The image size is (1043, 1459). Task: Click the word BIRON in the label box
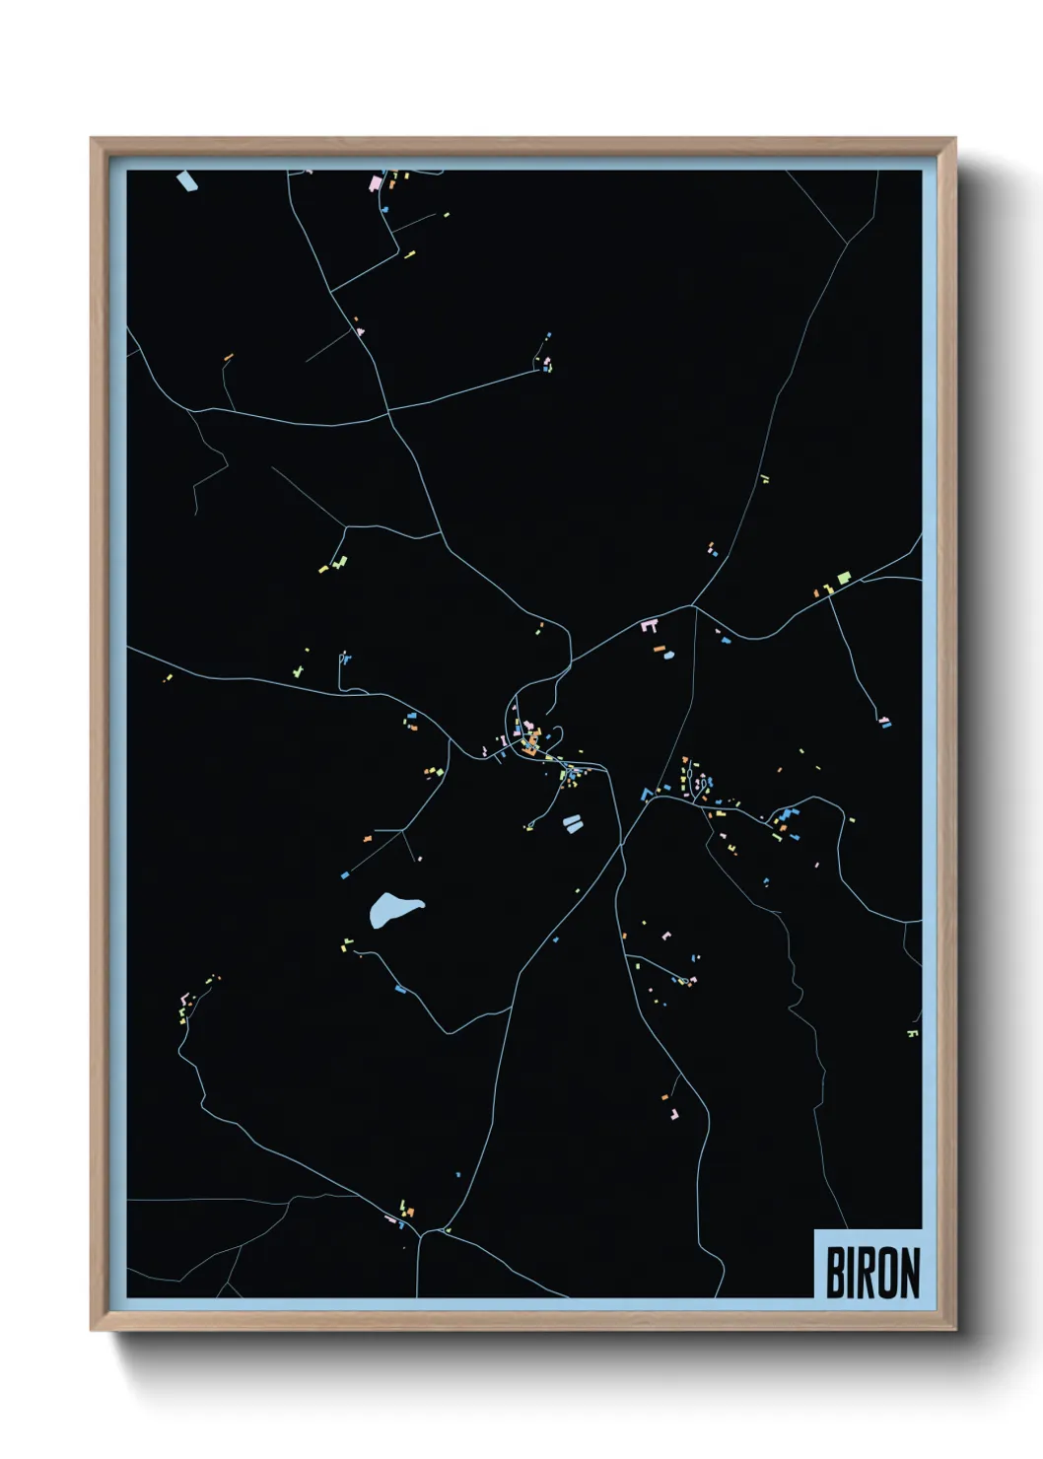(872, 1272)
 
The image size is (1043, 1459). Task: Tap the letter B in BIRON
(834, 1272)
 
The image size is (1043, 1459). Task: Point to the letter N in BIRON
(909, 1272)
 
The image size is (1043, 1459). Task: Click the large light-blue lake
(394, 909)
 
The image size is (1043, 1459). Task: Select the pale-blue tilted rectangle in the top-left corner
(186, 181)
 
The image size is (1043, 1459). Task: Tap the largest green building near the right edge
(843, 578)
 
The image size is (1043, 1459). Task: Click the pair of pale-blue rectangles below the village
(572, 823)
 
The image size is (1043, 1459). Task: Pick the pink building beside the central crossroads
(649, 625)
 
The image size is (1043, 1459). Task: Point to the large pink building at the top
(375, 182)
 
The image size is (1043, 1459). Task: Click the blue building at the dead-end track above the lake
(345, 874)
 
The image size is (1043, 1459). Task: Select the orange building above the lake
(368, 838)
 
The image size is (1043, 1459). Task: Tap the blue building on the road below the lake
(399, 989)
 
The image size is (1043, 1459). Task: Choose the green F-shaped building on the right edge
(912, 1033)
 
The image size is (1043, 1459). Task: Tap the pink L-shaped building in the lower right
(674, 1114)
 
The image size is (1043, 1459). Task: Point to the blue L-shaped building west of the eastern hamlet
(647, 794)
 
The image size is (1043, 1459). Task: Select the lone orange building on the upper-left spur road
(229, 356)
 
